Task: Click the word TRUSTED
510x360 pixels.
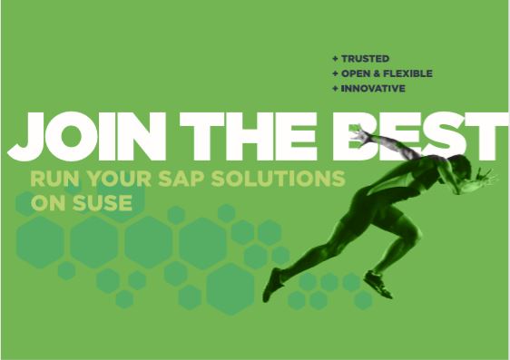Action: [x=365, y=58]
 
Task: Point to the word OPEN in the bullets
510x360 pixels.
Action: [x=356, y=73]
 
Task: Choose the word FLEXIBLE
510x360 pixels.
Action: [x=407, y=73]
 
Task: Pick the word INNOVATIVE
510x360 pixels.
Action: [x=373, y=89]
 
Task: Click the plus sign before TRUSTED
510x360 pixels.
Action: [x=335, y=58]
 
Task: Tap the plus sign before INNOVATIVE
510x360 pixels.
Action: [x=335, y=89]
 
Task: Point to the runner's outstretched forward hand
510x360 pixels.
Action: [x=490, y=179]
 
